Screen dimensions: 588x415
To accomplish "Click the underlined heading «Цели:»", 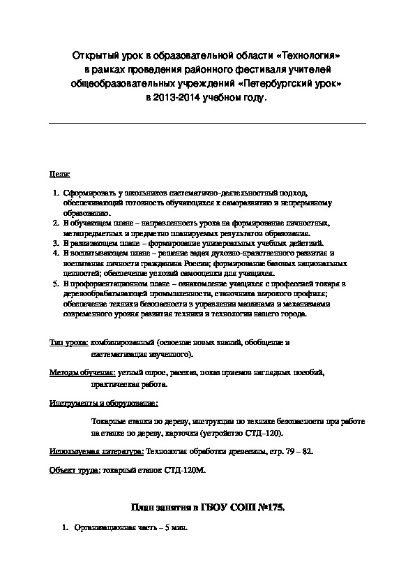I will [60, 172].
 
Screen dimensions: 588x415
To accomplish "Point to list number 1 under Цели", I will [56, 192].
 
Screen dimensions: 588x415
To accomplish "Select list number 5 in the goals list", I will [56, 284].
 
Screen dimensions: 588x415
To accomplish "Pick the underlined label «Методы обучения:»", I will [82, 374].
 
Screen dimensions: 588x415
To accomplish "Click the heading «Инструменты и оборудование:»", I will [103, 403].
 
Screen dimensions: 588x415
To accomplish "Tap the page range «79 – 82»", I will [296, 451].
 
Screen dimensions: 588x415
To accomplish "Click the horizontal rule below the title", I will [207, 124].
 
